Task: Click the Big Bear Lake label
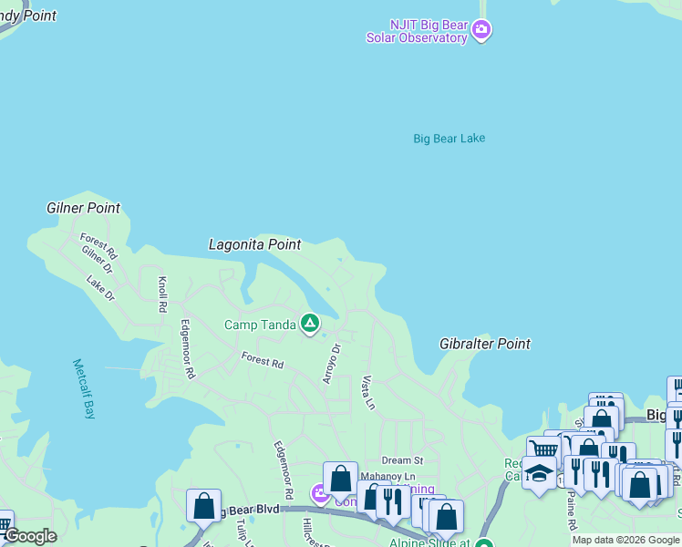pyautogui.click(x=449, y=139)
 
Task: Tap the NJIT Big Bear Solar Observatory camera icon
pyautogui.click(x=482, y=32)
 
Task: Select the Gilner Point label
pyautogui.click(x=83, y=208)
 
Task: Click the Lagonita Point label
pyautogui.click(x=254, y=244)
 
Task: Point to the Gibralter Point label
pyautogui.click(x=485, y=344)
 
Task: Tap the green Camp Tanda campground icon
pyautogui.click(x=310, y=323)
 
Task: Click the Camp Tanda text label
pyautogui.click(x=260, y=325)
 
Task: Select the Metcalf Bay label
pyautogui.click(x=84, y=388)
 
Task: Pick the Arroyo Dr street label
pyautogui.click(x=330, y=363)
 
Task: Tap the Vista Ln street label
pyautogui.click(x=368, y=391)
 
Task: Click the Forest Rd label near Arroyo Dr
pyautogui.click(x=263, y=360)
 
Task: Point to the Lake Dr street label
pyautogui.click(x=101, y=289)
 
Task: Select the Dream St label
pyautogui.click(x=402, y=460)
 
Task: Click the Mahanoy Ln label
pyautogui.click(x=387, y=476)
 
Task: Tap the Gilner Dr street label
pyautogui.click(x=96, y=260)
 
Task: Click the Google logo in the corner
pyautogui.click(x=31, y=536)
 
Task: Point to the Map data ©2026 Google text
pyautogui.click(x=625, y=540)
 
